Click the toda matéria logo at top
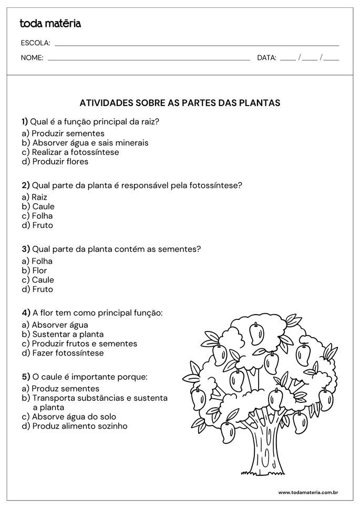pyautogui.click(x=50, y=23)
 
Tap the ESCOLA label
pyautogui.click(x=35, y=43)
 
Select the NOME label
pyautogui.click(x=32, y=58)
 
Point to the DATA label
pyautogui.click(x=266, y=58)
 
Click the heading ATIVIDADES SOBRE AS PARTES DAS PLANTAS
pyautogui.click(x=180, y=103)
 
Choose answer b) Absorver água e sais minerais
pyautogui.click(x=85, y=142)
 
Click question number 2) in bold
pyautogui.click(x=26, y=185)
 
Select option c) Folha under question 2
pyautogui.click(x=37, y=216)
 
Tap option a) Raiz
pyautogui.click(x=35, y=197)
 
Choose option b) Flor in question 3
pyautogui.click(x=35, y=271)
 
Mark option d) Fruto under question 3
pyautogui.click(x=37, y=289)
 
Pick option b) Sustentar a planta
pyautogui.click(x=63, y=334)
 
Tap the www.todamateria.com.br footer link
pyautogui.click(x=307, y=493)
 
